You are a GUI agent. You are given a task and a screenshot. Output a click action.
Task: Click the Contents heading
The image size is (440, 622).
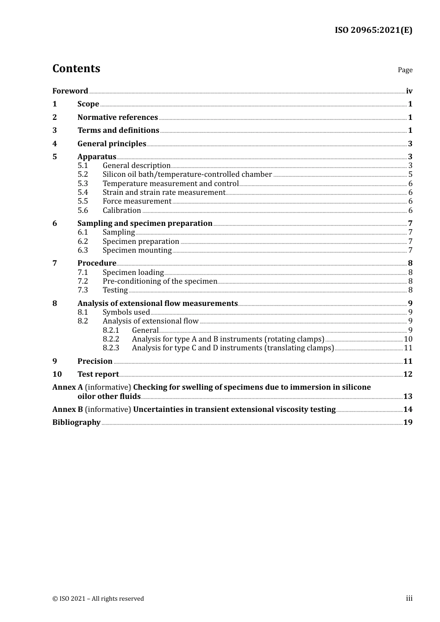click(76, 68)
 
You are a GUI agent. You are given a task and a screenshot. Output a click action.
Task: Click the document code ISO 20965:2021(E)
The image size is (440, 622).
click(373, 30)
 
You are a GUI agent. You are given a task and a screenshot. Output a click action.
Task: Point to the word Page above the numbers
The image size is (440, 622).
click(405, 70)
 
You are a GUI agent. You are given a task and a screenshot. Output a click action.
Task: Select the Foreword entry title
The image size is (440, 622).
click(70, 91)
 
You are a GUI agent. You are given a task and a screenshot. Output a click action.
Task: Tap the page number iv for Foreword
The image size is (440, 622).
click(409, 91)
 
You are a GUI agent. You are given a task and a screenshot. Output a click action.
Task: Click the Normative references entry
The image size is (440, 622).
click(118, 118)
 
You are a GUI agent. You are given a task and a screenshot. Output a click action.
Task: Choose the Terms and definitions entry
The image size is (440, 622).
click(118, 131)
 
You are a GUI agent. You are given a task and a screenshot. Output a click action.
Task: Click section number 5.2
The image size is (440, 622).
click(82, 174)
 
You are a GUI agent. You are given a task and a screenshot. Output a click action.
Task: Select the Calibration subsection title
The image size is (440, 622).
click(122, 211)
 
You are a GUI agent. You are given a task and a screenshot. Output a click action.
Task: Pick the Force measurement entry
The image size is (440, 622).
click(137, 201)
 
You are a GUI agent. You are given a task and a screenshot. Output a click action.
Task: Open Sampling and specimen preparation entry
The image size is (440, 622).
click(145, 224)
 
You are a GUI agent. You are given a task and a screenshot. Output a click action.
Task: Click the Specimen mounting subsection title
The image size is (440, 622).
click(137, 250)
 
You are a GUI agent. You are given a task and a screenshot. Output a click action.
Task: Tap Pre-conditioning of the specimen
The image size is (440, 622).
click(160, 281)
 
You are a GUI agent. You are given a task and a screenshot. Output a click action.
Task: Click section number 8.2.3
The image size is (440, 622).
click(111, 348)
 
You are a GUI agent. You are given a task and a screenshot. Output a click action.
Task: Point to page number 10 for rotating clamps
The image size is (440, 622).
click(408, 339)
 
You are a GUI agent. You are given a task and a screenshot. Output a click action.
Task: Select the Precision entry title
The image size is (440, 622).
click(95, 361)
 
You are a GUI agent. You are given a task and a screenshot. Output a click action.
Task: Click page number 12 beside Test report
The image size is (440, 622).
click(408, 374)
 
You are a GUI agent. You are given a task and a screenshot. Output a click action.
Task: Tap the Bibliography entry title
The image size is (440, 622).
click(76, 423)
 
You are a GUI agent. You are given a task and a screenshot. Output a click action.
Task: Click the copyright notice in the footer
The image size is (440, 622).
click(98, 599)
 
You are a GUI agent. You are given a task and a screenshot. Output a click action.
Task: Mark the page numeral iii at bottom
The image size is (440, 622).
click(409, 598)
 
